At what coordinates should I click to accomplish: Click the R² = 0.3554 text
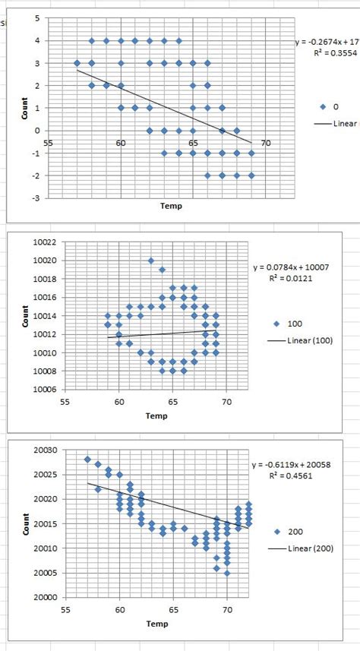click(326, 54)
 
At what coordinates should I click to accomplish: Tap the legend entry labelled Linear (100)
click(308, 340)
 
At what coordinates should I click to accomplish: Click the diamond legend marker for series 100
click(279, 323)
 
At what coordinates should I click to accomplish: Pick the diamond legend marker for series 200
click(279, 532)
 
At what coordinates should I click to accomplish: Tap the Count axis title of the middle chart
click(25, 316)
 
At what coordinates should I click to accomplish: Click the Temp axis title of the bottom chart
click(157, 624)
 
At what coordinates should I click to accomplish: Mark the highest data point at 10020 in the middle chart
click(151, 261)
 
